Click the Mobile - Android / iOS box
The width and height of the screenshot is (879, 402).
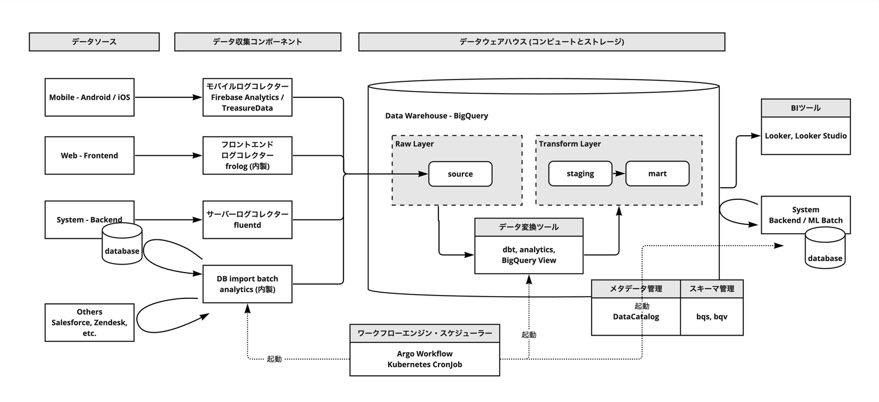click(89, 97)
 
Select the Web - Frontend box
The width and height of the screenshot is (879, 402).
click(89, 155)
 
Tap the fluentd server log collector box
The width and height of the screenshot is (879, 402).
click(247, 220)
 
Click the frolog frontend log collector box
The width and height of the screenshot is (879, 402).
click(247, 155)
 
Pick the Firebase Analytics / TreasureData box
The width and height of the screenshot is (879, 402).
click(247, 97)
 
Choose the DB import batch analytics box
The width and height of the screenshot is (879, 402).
click(247, 284)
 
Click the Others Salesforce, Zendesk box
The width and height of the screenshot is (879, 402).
click(89, 322)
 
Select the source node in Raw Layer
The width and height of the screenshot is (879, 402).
click(460, 174)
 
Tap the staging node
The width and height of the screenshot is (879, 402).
click(580, 174)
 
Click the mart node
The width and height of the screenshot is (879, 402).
click(658, 174)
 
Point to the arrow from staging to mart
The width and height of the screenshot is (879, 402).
click(619, 174)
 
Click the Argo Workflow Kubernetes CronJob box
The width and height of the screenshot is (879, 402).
click(425, 350)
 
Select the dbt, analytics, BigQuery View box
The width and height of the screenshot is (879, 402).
click(529, 246)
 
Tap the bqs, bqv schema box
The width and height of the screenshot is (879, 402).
click(712, 308)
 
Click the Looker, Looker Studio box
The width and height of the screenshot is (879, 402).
click(806, 127)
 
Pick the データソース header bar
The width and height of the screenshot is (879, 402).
click(94, 42)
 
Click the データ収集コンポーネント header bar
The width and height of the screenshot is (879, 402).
click(258, 42)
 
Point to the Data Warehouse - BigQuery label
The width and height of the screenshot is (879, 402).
click(437, 116)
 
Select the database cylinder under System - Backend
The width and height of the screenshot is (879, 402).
click(122, 243)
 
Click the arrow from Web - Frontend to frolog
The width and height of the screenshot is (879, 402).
click(169, 155)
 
